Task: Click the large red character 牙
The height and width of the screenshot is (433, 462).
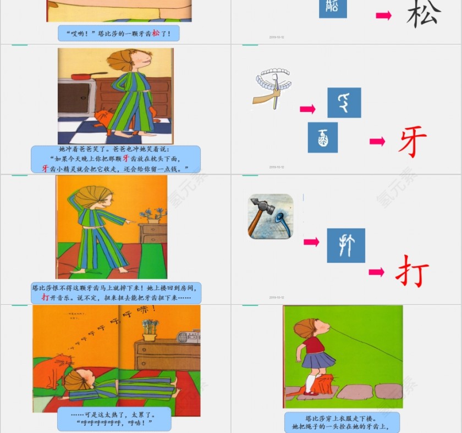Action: click(x=413, y=141)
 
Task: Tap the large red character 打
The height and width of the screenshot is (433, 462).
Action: click(x=412, y=270)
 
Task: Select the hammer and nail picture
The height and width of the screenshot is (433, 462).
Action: click(x=270, y=216)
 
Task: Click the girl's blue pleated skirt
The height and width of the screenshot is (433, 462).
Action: click(x=317, y=360)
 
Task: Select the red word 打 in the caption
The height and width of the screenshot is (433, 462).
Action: click(x=46, y=297)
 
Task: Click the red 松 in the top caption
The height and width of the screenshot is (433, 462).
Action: click(x=156, y=34)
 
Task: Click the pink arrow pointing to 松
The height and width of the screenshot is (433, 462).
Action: click(x=383, y=15)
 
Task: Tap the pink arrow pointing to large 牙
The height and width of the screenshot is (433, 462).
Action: click(x=377, y=142)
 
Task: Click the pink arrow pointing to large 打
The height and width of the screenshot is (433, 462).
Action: click(x=377, y=272)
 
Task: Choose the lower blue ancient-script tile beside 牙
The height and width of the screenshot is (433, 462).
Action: click(x=323, y=137)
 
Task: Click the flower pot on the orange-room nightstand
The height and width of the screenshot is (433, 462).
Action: click(x=152, y=217)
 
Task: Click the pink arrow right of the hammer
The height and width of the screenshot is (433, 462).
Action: click(x=311, y=242)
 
